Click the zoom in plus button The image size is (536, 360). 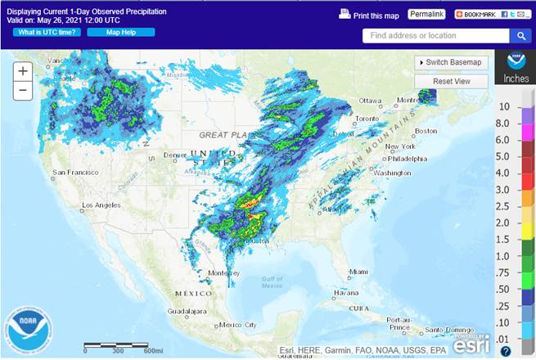click(23, 71)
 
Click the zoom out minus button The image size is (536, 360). click(23, 90)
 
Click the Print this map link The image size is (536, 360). click(369, 16)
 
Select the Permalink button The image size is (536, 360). click(426, 15)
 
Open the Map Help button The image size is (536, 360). click(110, 32)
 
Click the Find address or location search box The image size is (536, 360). click(437, 36)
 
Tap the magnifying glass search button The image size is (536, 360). click(520, 36)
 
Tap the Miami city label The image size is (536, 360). click(358, 272)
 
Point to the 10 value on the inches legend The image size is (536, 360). click(505, 106)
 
